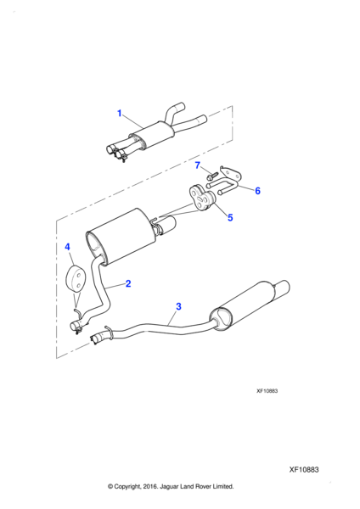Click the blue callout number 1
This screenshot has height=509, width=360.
point(119,114)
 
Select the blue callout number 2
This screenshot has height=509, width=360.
point(128,283)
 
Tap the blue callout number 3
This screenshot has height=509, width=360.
point(178,306)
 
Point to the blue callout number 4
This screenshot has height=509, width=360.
point(67,247)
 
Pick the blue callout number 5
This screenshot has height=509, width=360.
point(230,217)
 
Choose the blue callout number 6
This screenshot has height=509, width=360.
point(257,191)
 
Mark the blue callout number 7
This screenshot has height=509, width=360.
point(198,165)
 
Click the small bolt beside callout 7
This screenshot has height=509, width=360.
point(211,176)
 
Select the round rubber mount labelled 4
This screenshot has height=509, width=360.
point(74,279)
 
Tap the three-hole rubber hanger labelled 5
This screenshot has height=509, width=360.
point(201,197)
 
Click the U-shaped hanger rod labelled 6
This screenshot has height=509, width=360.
point(222,187)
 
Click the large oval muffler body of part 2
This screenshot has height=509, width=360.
point(120,237)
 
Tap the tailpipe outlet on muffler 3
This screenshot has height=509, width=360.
point(283,288)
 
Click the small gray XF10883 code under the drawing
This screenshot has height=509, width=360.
point(267,391)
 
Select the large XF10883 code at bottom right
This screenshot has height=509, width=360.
point(304,470)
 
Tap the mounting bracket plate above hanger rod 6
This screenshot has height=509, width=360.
point(231,172)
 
